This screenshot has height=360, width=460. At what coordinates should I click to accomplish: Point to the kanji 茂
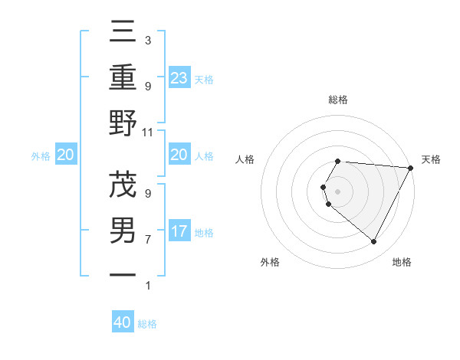[x=123, y=185]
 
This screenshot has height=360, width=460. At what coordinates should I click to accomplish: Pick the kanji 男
[x=123, y=230]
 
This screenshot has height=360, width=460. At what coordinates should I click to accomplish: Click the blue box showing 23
[x=179, y=77]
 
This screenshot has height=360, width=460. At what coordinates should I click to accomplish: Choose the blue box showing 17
[x=179, y=231]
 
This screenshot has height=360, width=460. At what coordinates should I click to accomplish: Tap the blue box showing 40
[x=123, y=322]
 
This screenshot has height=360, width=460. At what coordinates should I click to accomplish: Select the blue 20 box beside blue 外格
[x=65, y=155]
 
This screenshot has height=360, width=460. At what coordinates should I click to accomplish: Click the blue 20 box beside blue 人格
[x=179, y=155]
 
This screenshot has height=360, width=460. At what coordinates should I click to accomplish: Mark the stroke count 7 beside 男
[x=148, y=240]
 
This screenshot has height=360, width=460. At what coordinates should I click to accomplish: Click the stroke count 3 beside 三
[x=148, y=40]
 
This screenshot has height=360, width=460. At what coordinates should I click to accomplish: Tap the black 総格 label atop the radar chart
[x=338, y=100]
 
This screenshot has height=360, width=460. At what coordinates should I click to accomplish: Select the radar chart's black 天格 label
[x=431, y=159]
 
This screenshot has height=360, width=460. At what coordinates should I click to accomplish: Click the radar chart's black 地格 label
[x=402, y=262]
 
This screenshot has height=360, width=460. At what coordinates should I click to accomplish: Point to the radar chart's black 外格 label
[x=270, y=262]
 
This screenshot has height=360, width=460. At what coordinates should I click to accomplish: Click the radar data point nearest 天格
[x=411, y=168]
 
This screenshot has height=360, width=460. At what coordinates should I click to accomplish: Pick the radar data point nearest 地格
[x=373, y=242]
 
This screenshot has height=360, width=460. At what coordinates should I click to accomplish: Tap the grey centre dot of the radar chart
[x=338, y=191]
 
